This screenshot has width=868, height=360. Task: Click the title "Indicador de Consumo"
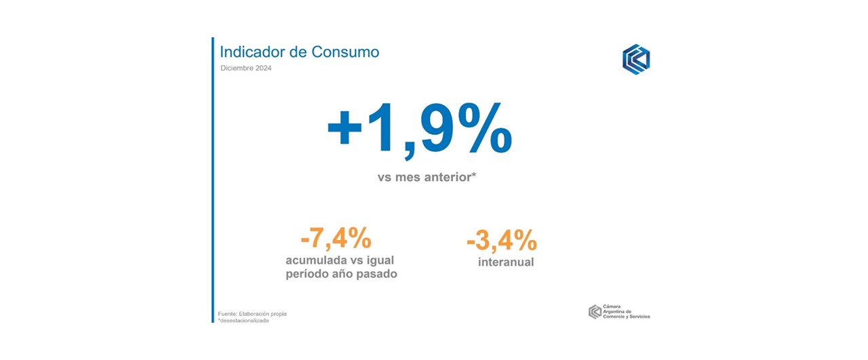coord(299,52)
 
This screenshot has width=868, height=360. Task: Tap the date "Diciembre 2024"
coord(246,68)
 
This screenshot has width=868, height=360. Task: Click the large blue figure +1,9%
coord(418,129)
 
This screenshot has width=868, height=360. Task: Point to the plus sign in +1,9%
coord(345,129)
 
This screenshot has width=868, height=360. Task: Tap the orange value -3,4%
coord(502,241)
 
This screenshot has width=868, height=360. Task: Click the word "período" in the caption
coord(309,275)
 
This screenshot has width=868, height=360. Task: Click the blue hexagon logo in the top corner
coord(635,60)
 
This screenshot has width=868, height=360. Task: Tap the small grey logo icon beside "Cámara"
coord(594,311)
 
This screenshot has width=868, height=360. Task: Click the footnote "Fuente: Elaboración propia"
coord(256,313)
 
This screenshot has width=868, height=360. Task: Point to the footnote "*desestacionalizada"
coord(243,320)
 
